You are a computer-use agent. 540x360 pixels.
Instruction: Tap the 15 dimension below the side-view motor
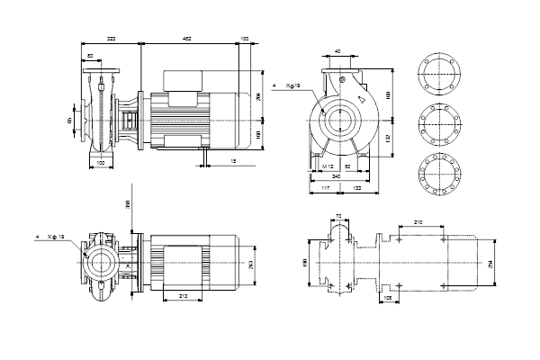(x=233, y=161)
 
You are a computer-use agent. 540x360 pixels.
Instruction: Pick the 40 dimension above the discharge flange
(x=337, y=52)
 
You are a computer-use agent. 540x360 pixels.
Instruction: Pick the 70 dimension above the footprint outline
(x=337, y=216)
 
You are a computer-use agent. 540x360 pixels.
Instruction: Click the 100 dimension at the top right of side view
(x=245, y=39)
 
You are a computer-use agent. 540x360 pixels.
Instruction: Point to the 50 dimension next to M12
(x=347, y=167)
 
